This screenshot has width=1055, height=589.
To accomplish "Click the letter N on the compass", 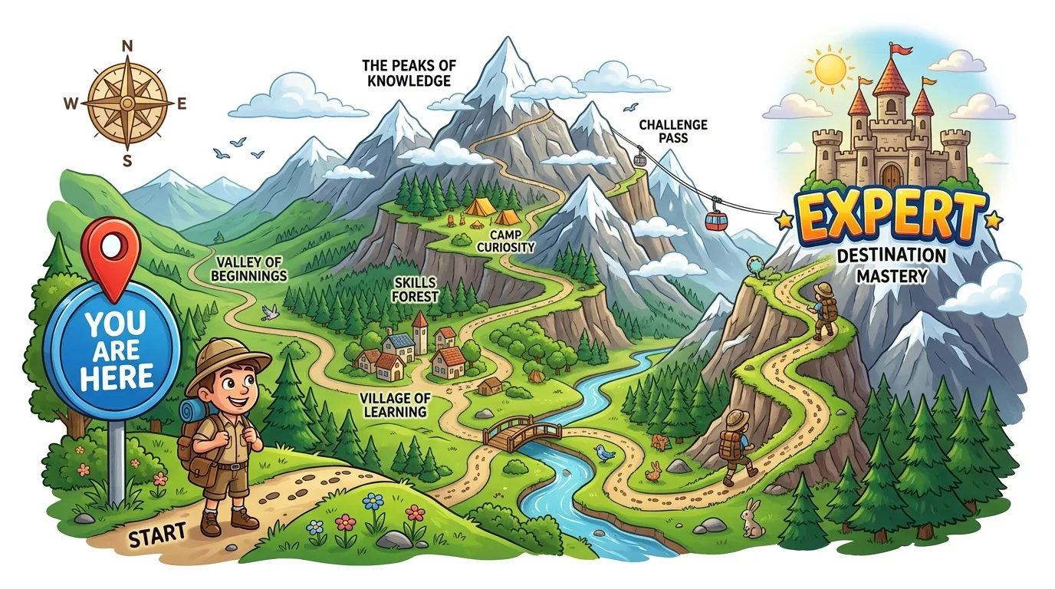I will tap(126, 46).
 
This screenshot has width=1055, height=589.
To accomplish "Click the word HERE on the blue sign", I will tap(120, 377).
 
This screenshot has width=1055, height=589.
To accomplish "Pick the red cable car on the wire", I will tap(716, 219).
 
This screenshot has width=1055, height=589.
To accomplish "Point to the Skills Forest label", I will tap(416, 289).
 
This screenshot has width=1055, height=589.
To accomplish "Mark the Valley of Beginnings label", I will tap(251, 268).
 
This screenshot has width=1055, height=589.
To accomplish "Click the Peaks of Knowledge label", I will tap(406, 73).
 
